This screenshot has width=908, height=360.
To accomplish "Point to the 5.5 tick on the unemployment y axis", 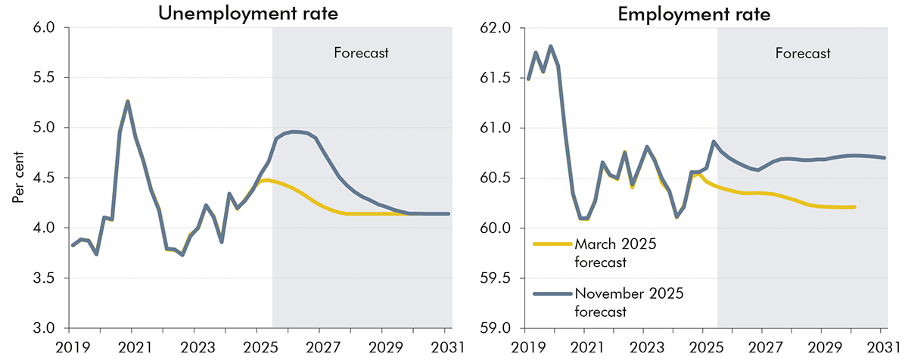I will pos(45,78).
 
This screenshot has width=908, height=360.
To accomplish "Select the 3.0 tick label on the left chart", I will pos(45,328).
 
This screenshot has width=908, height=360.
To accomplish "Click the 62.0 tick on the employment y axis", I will pos(497,28).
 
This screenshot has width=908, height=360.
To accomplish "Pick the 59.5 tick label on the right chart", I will pos(497,278).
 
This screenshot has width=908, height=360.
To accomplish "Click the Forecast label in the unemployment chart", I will pos(361,53).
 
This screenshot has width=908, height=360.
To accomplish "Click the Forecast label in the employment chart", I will pos(803,53).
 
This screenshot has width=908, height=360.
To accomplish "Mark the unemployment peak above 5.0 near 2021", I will pos(128,101).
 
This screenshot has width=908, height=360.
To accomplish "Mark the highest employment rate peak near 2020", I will pos(550,46).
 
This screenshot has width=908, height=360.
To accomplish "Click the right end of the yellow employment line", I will pos(854,206).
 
